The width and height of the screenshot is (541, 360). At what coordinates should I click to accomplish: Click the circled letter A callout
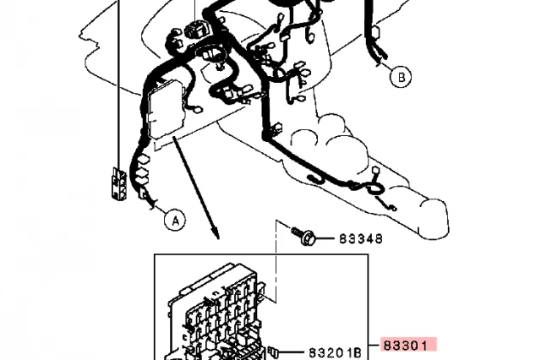coord(175,220)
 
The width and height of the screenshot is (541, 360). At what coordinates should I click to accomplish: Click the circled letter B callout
coord(401,77)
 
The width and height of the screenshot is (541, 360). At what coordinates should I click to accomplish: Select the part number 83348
coord(361,238)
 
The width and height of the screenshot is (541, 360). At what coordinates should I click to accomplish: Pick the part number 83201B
coord(335,352)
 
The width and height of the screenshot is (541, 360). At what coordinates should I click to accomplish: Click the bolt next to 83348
coord(303,236)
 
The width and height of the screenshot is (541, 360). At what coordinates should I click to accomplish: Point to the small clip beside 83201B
coord(272,352)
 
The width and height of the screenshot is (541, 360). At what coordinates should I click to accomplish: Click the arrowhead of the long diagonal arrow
coord(216,233)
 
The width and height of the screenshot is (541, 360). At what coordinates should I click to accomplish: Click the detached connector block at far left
coord(118,183)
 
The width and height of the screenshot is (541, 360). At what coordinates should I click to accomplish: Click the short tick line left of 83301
coord(374,345)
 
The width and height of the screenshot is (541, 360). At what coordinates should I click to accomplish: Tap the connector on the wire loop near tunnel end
coord(375,172)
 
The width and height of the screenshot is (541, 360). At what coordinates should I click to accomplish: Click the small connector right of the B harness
coord(374,32)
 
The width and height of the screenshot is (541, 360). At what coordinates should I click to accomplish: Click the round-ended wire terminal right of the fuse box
coord(198,111)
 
